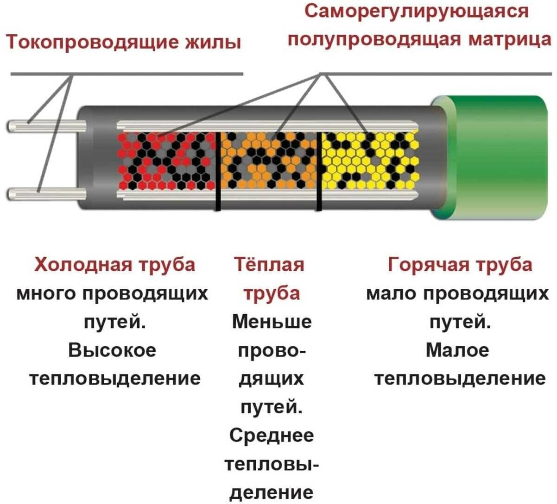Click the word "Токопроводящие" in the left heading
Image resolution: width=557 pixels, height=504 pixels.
pos(93,43)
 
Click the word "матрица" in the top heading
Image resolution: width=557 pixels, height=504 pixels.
pos(510,39)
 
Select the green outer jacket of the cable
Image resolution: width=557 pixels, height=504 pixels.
pos(496,157)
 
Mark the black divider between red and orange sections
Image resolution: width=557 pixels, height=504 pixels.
pos(217,171)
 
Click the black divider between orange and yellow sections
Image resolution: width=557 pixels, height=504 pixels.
pos(319,171)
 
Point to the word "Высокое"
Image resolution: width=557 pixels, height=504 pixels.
pos(112,350)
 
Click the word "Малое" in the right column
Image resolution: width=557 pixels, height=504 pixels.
pos(457,350)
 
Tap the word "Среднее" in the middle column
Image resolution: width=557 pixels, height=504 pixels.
pos(272,436)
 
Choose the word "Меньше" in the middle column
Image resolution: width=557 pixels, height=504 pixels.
pos(272,322)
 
